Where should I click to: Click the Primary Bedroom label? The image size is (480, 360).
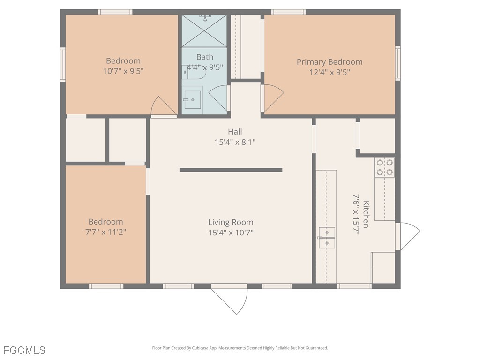[x=330, y=62]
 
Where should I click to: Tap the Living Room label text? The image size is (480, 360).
[x=231, y=222]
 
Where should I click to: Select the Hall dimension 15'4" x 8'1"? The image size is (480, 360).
[x=235, y=142]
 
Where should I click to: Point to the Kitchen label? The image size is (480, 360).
[x=366, y=214]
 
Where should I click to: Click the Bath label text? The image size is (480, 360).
[x=205, y=57]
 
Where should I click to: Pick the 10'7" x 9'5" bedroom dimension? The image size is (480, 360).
[x=123, y=71]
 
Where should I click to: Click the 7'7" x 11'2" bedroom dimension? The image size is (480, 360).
[x=105, y=232]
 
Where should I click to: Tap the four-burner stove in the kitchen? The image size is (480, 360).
[x=384, y=167]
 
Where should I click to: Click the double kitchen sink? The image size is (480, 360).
[x=327, y=238]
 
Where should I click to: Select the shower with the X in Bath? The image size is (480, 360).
[x=204, y=31]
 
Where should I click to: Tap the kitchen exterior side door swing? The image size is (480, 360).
[x=408, y=236]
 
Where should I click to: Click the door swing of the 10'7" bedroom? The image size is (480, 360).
[x=164, y=106]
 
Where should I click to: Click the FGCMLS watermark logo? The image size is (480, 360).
[x=24, y=350]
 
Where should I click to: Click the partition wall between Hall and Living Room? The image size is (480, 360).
[x=231, y=170]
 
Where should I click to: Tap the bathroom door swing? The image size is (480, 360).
[x=218, y=98]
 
